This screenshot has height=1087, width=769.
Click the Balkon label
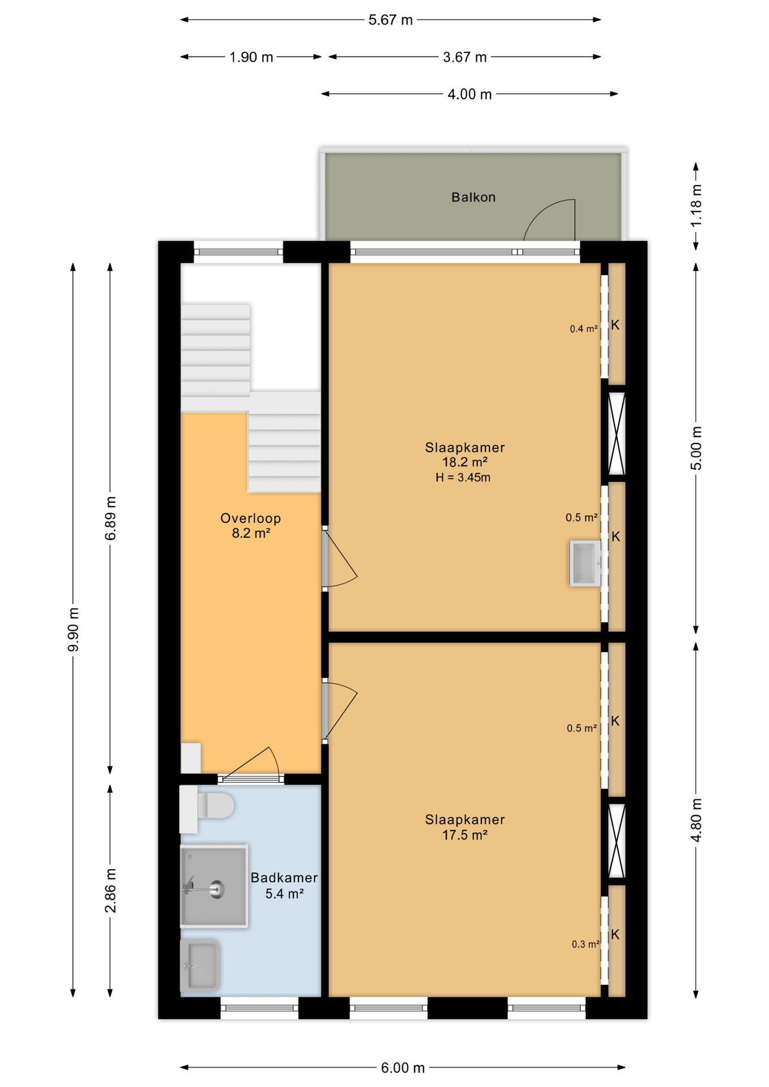click(x=473, y=197)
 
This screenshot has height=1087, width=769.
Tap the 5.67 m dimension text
click(x=390, y=20)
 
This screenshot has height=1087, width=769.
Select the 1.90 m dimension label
click(x=251, y=57)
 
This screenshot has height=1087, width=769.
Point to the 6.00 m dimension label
click(x=403, y=1068)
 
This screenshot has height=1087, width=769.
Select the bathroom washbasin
click(x=199, y=966)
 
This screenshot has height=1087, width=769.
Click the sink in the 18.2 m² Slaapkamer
click(x=585, y=563)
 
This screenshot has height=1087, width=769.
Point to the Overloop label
click(x=250, y=518)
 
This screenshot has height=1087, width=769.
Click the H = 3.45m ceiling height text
click(x=463, y=477)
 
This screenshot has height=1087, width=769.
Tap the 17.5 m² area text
click(x=465, y=834)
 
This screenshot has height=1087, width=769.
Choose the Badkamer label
click(x=284, y=878)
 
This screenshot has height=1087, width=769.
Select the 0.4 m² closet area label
click(x=584, y=328)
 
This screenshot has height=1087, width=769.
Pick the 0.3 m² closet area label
click(x=586, y=944)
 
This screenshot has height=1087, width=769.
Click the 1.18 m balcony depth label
click(x=696, y=206)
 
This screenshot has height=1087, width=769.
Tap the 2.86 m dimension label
click(x=110, y=891)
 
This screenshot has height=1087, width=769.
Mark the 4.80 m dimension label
click(x=696, y=820)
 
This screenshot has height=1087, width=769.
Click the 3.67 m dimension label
click(x=464, y=57)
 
